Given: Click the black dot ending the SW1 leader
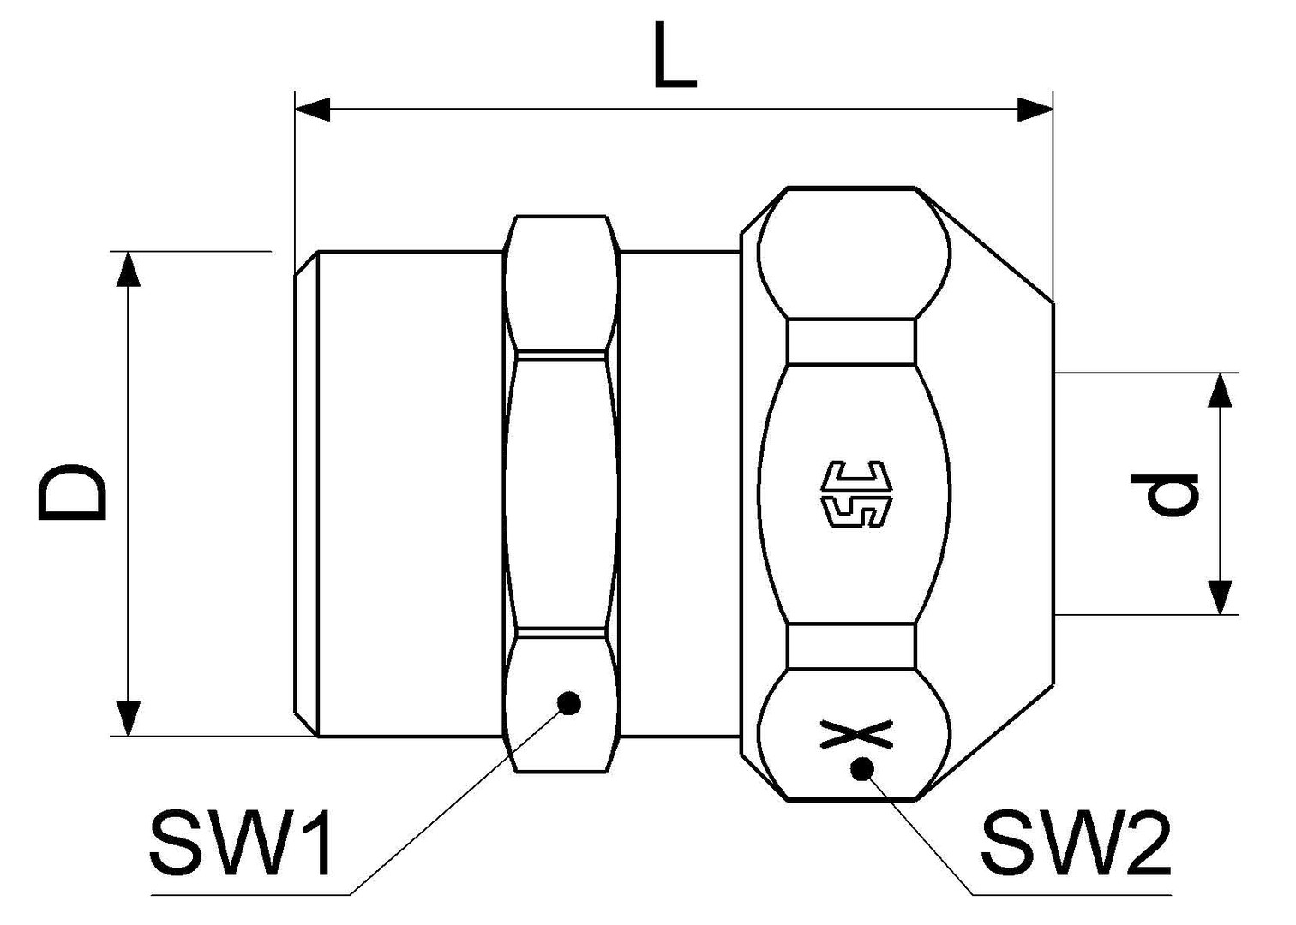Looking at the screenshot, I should [568, 703].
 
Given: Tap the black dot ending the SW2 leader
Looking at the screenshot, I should [861, 768].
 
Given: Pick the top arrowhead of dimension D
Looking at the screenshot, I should [128, 270].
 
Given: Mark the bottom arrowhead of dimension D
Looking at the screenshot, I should [128, 718].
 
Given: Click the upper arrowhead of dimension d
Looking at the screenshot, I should [1220, 391].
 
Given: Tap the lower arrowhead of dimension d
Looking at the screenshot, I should [1220, 597].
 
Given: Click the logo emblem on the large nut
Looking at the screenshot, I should [856, 494].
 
